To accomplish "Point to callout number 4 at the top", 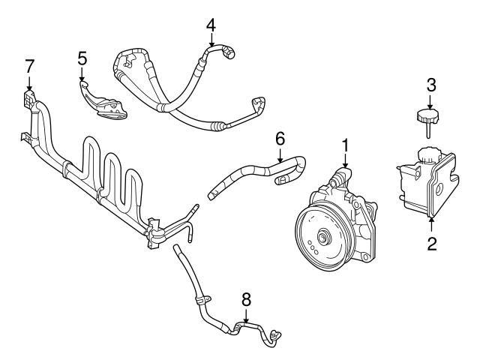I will coord(211,24).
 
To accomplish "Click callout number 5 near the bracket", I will coord(82,57).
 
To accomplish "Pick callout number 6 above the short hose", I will coord(280,138).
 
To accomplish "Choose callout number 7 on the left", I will coord(29,65).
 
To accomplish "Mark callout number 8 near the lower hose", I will coord(245,299).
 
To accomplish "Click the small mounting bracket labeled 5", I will coord(104,102).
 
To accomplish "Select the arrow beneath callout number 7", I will coord(29,82).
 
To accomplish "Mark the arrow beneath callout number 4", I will coord(211,41).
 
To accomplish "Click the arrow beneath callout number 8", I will coord(245,316).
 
